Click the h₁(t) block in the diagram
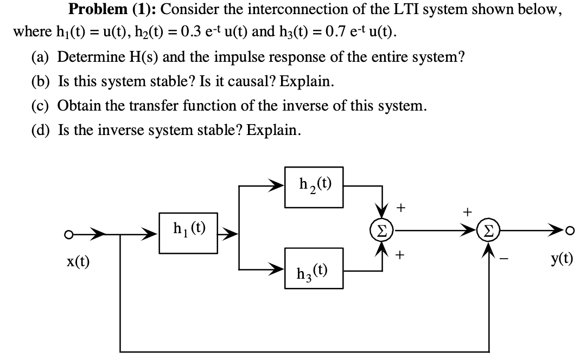[188, 232]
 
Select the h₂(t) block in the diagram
[314, 187]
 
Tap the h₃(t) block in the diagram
[314, 268]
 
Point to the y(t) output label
[560, 260]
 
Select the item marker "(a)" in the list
[41, 57]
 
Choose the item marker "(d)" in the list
[41, 130]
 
